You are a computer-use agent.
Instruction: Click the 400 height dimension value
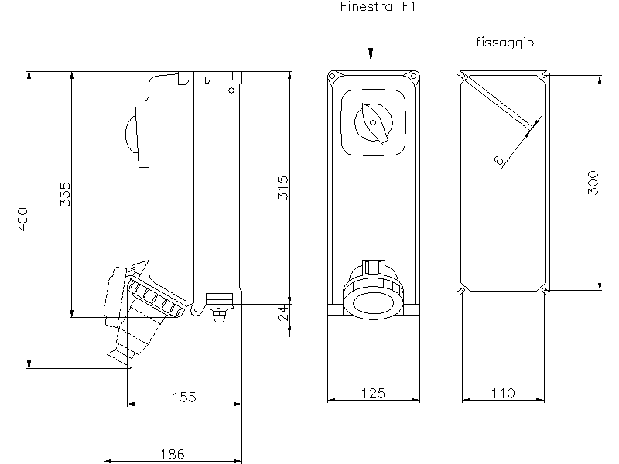pos(23,220)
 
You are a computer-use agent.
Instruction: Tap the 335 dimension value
pos(66,194)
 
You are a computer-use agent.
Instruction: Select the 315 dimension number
pos(282,187)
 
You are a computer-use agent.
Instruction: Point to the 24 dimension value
pos(283,313)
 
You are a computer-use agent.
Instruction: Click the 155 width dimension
pos(184,397)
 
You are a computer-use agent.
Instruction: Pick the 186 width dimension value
pos(173,454)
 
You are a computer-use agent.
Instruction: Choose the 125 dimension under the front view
pos(373,393)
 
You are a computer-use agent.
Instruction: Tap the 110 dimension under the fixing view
pos(503,393)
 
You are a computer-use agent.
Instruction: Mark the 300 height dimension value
pos(593,183)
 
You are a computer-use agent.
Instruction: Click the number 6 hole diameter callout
pos(499,160)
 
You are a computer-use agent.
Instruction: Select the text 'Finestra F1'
pos(378,7)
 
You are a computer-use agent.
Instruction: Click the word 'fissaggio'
pos(505,43)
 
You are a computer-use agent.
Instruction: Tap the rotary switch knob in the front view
pos(374,123)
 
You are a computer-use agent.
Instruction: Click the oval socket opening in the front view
pos(373,303)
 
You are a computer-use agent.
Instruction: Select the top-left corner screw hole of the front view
pos(333,76)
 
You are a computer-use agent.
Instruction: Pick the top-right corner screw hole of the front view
pos(413,76)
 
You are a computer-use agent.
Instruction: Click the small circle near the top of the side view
pos(231,90)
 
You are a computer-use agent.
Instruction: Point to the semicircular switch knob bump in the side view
pos(131,135)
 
